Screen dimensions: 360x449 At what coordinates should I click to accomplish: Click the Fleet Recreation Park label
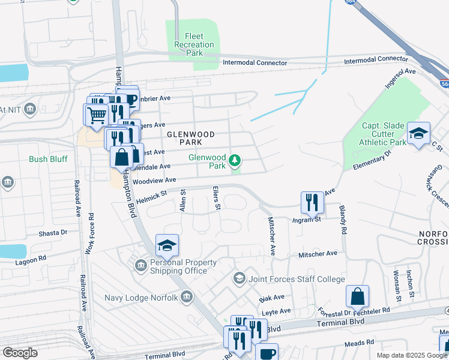(194, 44)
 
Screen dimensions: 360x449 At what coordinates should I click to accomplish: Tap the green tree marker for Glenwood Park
(235, 161)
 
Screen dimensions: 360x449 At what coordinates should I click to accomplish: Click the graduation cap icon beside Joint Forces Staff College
(240, 278)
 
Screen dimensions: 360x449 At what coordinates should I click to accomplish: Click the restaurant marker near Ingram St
(311, 202)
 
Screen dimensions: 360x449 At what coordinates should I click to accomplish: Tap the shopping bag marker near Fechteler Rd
(357, 296)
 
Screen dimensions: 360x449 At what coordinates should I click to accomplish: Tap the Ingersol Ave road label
(400, 79)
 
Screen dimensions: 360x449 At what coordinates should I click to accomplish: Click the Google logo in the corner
(20, 352)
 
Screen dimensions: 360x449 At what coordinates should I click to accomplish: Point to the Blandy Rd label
(343, 221)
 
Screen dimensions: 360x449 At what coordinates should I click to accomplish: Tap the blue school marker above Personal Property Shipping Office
(167, 245)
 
